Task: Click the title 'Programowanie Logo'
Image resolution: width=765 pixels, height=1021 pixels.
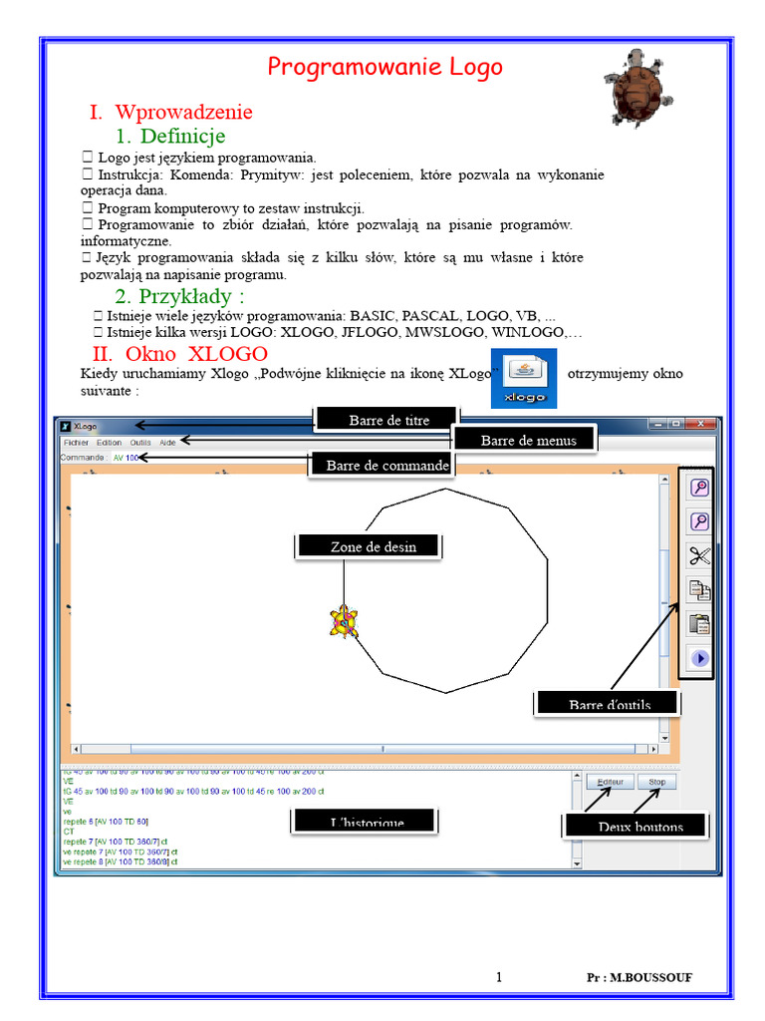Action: click(384, 67)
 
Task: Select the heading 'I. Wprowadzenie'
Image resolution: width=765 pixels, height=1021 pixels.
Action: click(171, 112)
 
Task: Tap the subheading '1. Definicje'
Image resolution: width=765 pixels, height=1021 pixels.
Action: click(170, 136)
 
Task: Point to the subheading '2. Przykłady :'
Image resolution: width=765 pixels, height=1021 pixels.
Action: click(179, 296)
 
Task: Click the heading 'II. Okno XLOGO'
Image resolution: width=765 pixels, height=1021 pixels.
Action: click(180, 354)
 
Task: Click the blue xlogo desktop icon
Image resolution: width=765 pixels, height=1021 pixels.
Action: click(524, 379)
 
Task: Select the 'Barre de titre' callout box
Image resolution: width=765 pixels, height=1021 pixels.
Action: click(387, 420)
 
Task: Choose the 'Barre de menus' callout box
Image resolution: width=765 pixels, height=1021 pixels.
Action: click(528, 440)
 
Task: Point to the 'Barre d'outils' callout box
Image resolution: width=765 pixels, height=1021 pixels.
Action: click(609, 704)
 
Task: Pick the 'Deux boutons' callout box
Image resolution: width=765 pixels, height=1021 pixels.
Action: click(639, 826)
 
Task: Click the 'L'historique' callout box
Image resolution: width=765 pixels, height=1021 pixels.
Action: click(366, 821)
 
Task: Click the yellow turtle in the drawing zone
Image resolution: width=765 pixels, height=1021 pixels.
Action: click(344, 621)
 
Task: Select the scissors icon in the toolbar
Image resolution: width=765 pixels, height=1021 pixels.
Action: click(699, 555)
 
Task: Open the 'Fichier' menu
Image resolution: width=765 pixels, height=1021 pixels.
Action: click(76, 442)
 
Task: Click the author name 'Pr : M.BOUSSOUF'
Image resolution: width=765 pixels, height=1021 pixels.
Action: click(638, 977)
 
